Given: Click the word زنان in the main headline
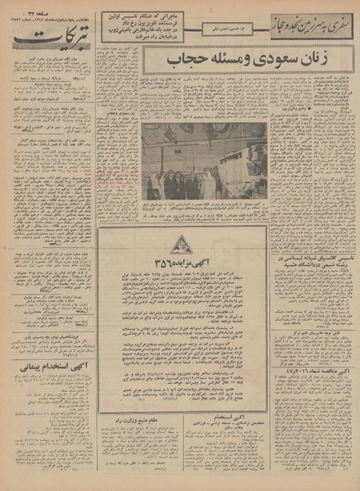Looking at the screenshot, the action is tap(244, 60).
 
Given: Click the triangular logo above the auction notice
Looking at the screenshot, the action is tap(182, 244).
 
